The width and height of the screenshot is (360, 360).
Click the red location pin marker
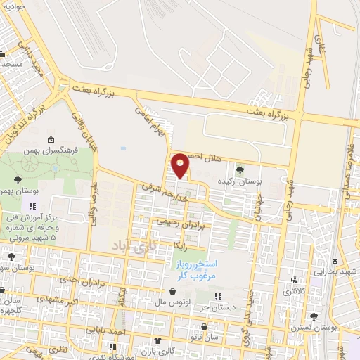tap(181, 165)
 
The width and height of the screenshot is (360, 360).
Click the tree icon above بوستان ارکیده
tap(240, 169)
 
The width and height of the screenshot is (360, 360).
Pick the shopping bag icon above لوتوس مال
tap(171, 291)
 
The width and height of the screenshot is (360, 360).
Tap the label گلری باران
tap(157, 351)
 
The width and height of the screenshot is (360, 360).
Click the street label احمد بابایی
tap(112, 329)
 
